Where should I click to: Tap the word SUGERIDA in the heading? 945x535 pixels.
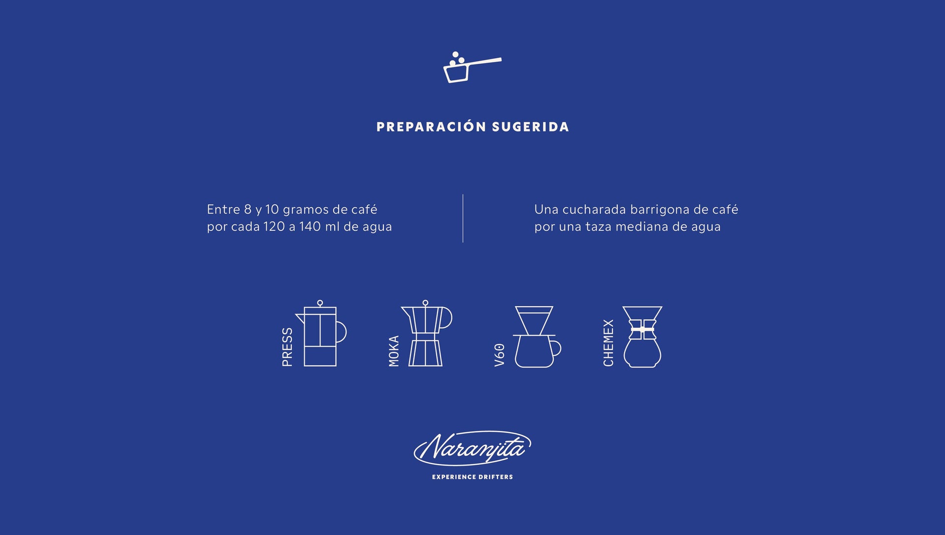pos(531,127)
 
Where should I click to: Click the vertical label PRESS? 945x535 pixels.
pos(287,347)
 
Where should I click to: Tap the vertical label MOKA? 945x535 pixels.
pos(394,351)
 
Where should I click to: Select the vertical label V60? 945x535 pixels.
pos(500,355)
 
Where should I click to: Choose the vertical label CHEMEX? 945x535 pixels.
pos(608,343)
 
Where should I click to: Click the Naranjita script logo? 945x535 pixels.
pos(472,448)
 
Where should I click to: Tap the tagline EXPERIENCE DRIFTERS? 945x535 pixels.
pos(472,477)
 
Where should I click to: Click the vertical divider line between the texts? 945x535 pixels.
pos(463,219)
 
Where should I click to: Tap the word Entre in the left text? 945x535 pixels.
pos(223,210)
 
